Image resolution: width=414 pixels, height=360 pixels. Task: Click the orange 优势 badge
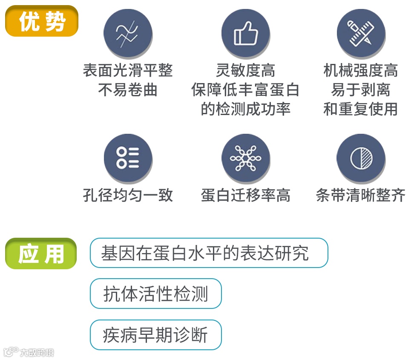tap(42, 21)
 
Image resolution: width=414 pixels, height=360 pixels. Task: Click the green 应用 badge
tap(41, 253)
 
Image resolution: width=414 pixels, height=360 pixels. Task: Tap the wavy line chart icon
tap(128, 33)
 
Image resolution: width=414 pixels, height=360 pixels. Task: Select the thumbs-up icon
tap(246, 33)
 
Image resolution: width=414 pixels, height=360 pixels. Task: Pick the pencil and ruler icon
tap(361, 33)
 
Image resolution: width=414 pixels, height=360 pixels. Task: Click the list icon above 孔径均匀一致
tap(128, 158)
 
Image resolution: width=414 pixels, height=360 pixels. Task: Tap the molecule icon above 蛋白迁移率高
tap(246, 158)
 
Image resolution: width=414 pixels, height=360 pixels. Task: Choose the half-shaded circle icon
tap(361, 158)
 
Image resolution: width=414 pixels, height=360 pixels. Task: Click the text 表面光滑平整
tap(128, 70)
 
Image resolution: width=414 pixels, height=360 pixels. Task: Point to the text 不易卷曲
tap(128, 90)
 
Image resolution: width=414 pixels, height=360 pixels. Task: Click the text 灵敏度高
tap(246, 70)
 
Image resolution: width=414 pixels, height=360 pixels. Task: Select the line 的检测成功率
tap(246, 109)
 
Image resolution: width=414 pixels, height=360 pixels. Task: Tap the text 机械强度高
tap(361, 70)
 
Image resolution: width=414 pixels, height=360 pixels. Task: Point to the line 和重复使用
tap(361, 109)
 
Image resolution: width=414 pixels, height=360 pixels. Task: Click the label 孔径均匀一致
tap(128, 195)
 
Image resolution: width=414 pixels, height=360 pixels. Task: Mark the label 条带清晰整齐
tap(361, 195)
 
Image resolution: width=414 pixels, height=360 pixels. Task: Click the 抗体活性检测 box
tap(156, 294)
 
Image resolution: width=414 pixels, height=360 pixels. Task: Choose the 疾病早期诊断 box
tap(156, 335)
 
